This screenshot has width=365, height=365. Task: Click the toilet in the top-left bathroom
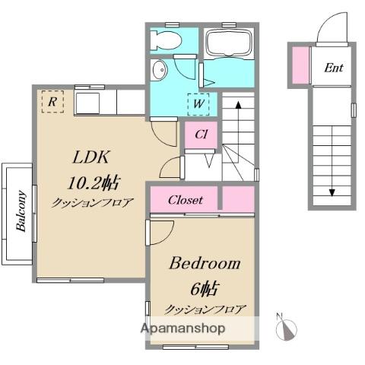click(166, 40)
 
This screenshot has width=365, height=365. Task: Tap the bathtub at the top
click(229, 44)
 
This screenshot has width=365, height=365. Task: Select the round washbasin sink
click(160, 70)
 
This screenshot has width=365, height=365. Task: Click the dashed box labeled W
click(198, 104)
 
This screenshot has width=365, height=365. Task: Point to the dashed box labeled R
click(52, 101)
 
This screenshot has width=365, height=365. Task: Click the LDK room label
click(91, 157)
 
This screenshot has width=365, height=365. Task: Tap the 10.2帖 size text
click(93, 182)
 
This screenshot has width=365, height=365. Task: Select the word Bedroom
click(205, 263)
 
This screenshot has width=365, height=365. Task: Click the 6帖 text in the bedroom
click(205, 288)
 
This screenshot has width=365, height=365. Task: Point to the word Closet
click(186, 200)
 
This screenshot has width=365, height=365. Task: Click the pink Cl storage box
click(201, 135)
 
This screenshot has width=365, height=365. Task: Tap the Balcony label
click(21, 211)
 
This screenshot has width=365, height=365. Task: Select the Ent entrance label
click(334, 68)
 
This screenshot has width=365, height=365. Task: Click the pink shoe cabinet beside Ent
click(300, 65)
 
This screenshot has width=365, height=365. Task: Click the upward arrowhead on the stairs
click(238, 105)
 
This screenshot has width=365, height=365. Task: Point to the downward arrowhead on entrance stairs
click(332, 193)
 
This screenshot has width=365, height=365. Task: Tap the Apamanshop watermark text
click(182, 328)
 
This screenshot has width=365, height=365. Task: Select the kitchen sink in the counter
click(87, 103)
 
